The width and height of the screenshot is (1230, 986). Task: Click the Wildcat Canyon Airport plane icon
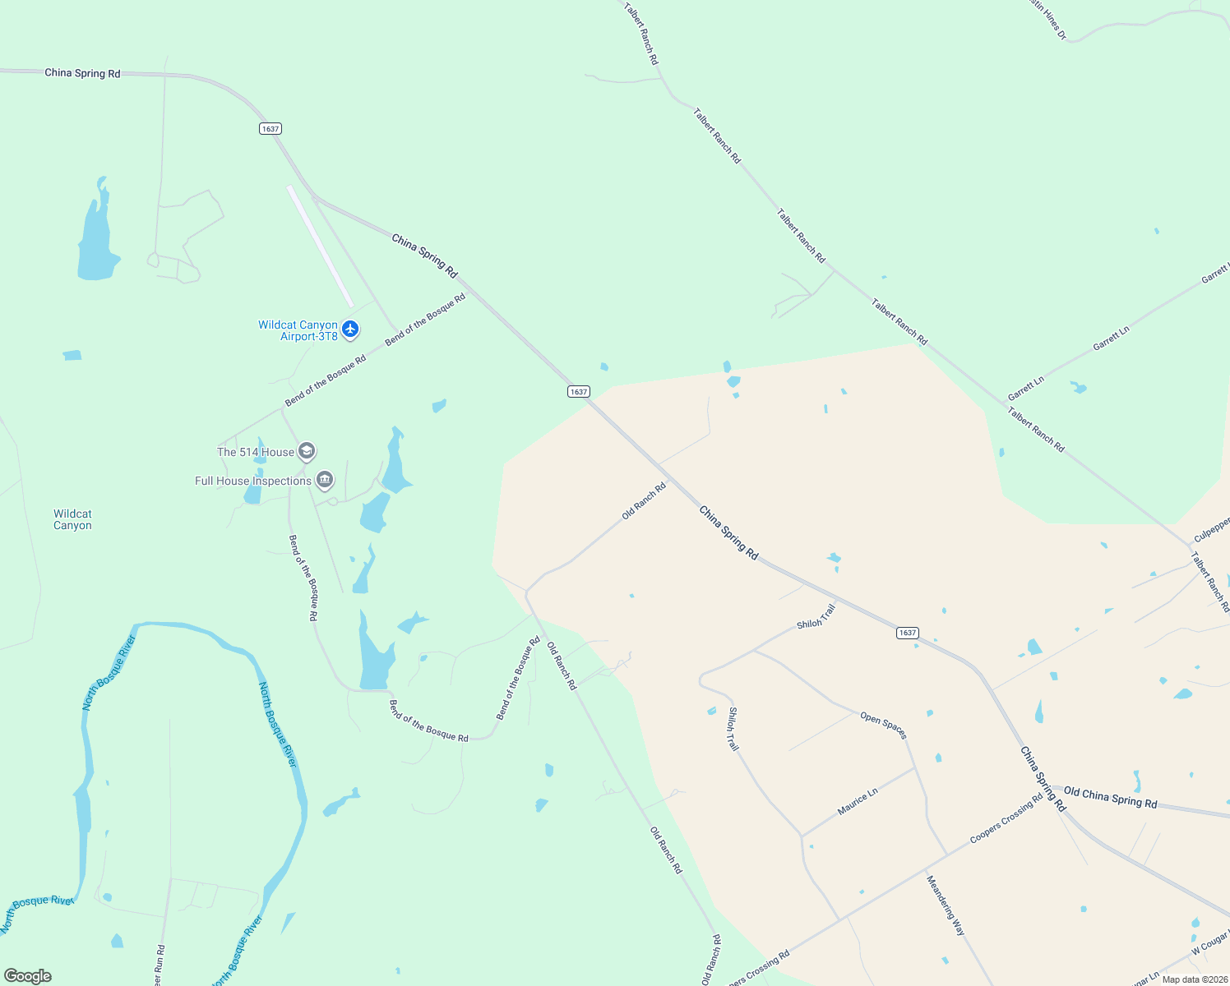pyautogui.click(x=350, y=329)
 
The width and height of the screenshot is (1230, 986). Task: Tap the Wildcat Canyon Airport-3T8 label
pyautogui.click(x=298, y=330)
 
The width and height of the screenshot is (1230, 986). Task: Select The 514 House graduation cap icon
pyautogui.click(x=307, y=451)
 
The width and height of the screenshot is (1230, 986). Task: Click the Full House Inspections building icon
pyautogui.click(x=325, y=480)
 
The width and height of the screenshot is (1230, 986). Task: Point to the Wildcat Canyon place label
pyautogui.click(x=72, y=519)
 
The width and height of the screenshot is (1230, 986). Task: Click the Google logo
pyautogui.click(x=28, y=975)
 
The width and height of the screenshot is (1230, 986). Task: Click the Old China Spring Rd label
pyautogui.click(x=1110, y=798)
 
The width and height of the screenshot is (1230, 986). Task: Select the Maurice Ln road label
pyautogui.click(x=858, y=801)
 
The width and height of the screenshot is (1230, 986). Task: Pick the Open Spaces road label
pyautogui.click(x=883, y=725)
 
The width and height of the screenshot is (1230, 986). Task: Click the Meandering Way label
pyautogui.click(x=946, y=905)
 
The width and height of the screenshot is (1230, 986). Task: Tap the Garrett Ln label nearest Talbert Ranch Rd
pyautogui.click(x=1026, y=387)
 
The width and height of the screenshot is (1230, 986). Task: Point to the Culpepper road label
pyautogui.click(x=1212, y=529)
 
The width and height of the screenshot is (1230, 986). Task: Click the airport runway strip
pyautogui.click(x=320, y=246)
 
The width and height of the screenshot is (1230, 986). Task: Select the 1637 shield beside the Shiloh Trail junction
pyautogui.click(x=907, y=633)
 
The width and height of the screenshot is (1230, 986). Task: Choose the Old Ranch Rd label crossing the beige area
pyautogui.click(x=644, y=500)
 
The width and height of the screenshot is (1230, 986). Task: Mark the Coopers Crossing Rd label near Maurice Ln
pyautogui.click(x=1006, y=818)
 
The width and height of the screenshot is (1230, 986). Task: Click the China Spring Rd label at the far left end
pyautogui.click(x=82, y=73)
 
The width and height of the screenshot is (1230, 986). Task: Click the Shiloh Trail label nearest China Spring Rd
pyautogui.click(x=816, y=616)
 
